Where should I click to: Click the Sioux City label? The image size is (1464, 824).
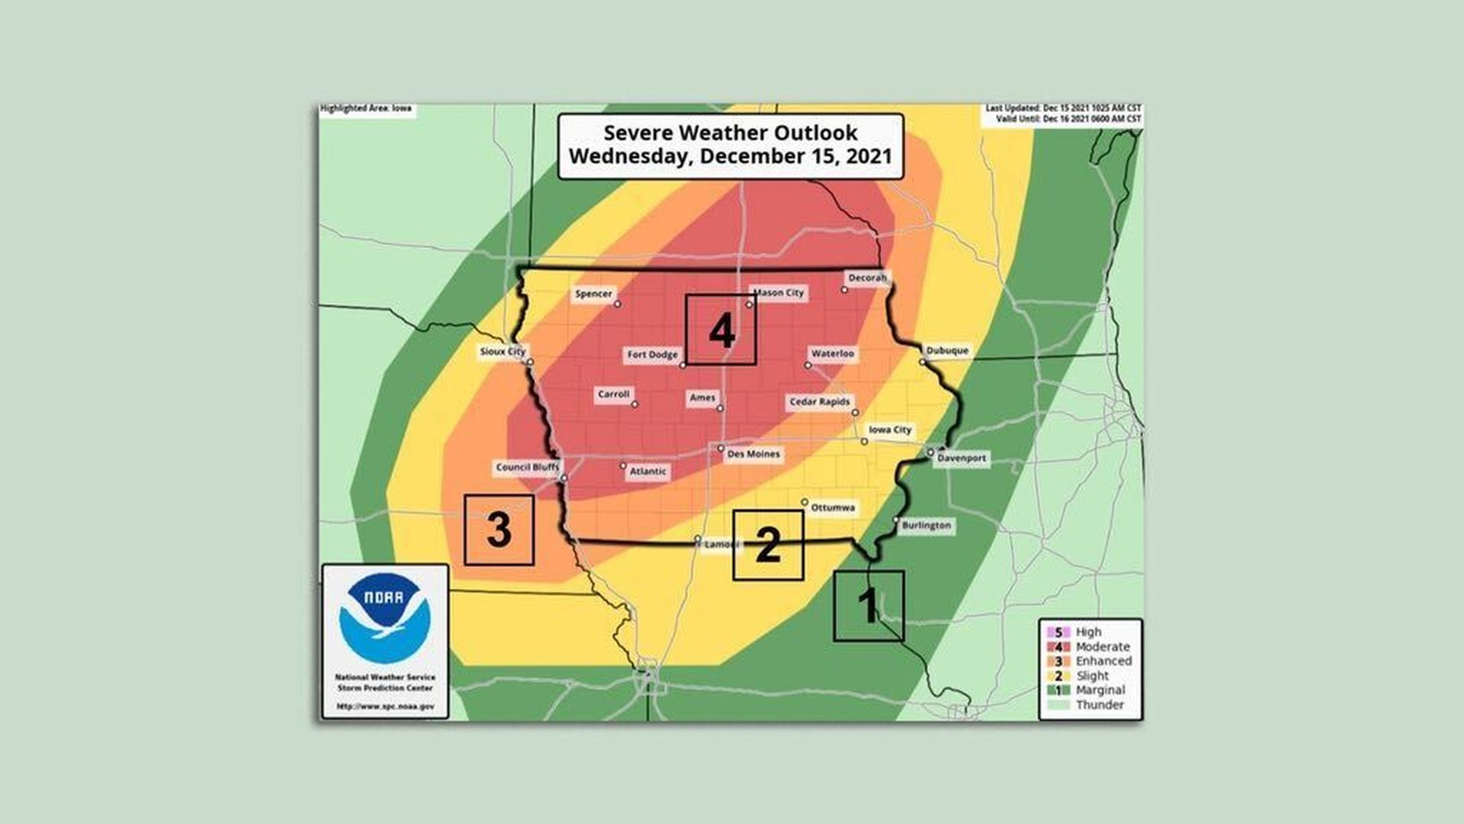pos(502,352)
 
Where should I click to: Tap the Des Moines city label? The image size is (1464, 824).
pos(753,454)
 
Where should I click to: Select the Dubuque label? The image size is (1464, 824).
pos(947,351)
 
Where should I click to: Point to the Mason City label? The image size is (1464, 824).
pos(779,292)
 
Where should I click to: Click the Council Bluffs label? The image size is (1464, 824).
pos(527,468)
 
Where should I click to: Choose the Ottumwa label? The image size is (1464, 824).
pos(833,507)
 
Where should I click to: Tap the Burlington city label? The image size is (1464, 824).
pos(926,526)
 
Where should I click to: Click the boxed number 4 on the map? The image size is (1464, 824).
pos(721,330)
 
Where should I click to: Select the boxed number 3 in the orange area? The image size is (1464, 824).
pos(499,529)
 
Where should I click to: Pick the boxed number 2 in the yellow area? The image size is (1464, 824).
pos(768,545)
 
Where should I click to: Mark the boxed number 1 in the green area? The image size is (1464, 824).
pos(868,605)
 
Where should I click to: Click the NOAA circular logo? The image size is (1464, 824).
pos(385,618)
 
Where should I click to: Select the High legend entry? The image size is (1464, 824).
pos(1087,632)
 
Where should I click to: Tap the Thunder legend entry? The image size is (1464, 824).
pos(1098,705)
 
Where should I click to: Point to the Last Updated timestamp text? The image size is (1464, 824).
pos(1063,109)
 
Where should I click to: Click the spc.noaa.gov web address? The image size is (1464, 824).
pos(385,707)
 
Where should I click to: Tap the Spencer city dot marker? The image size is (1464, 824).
pos(618,304)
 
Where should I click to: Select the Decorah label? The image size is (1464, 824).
pos(867,278)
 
